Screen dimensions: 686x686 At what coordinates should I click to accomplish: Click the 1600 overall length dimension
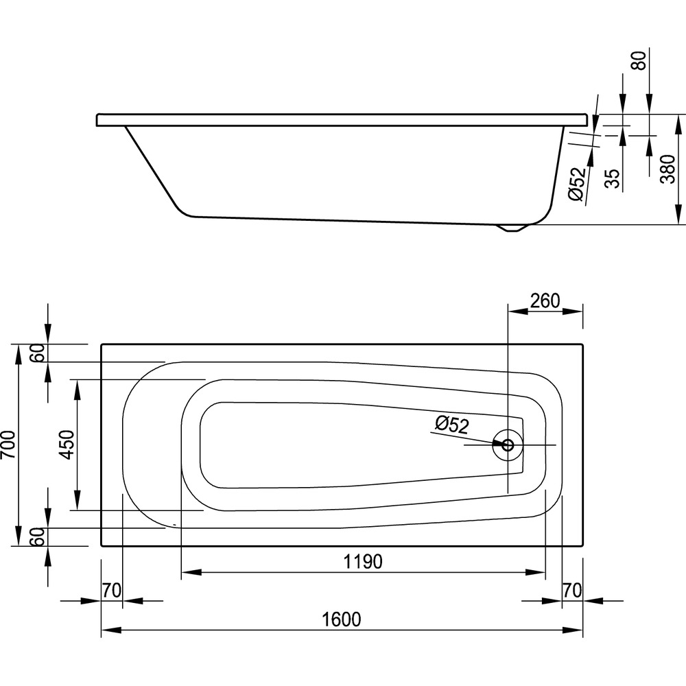pos(341,619)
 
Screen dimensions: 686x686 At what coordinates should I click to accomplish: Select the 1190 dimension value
pos(363,562)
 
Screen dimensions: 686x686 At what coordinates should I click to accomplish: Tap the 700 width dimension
pos(9,445)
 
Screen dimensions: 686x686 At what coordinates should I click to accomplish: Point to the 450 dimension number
pos(67,445)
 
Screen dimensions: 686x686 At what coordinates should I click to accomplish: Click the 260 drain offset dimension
pos(545,301)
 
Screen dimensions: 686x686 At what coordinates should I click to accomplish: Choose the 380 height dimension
pos(668,169)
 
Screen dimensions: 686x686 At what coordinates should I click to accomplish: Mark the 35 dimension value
pos(613,178)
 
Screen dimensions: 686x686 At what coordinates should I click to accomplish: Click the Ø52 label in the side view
pos(577,184)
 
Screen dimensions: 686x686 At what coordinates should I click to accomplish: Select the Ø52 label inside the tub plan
pos(452,425)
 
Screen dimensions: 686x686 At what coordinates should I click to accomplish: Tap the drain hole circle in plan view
pos(508,445)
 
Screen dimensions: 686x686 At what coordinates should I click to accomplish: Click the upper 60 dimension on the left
pos(39,353)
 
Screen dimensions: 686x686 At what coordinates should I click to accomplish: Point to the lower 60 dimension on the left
pos(39,536)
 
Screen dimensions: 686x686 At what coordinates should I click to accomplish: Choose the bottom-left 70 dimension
pos(111,591)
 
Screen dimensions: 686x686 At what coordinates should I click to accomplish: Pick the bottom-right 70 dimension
pos(572,591)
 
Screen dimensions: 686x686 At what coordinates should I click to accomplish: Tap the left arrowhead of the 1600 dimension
pos(111,630)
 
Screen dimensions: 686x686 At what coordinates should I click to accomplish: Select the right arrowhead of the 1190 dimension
pos(536,572)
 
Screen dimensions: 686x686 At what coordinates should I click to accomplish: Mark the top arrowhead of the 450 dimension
pos(77,390)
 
